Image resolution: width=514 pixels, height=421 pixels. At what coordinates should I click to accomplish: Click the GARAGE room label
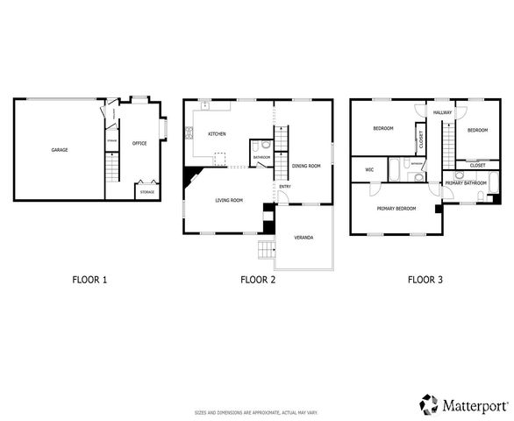coord(59,150)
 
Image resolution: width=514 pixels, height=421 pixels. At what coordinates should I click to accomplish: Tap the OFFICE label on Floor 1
coord(139,143)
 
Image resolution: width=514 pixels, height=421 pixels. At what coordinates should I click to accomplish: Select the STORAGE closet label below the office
coord(147,190)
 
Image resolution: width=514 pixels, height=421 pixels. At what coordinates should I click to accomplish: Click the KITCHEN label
coord(217,134)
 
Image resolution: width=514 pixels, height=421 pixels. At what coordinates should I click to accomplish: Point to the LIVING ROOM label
coord(229,201)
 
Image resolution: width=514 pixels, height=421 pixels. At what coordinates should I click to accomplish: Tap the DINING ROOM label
coord(306,166)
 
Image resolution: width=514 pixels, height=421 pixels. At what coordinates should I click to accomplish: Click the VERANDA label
coord(303,239)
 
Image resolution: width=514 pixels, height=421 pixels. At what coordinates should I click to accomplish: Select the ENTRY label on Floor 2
coord(285,187)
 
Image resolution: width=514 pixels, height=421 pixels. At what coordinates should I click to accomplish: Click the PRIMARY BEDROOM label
coord(396,209)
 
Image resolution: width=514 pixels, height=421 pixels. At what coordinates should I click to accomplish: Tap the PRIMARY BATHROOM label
coord(465,182)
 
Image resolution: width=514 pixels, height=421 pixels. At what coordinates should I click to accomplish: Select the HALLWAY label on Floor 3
coord(442,113)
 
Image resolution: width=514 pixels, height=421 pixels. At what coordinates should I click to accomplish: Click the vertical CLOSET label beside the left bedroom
coord(421,139)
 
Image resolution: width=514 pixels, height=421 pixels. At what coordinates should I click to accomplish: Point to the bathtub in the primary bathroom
coord(493,185)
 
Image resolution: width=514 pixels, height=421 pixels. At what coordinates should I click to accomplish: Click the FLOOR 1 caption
coord(89,281)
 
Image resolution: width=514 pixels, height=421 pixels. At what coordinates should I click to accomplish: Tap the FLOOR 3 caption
coord(425,281)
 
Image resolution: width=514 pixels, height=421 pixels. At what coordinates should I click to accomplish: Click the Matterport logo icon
coord(429,403)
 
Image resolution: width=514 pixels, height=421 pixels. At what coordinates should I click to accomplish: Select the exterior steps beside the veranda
coord(265,251)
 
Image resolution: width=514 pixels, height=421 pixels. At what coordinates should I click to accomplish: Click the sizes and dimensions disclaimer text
coord(256,411)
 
